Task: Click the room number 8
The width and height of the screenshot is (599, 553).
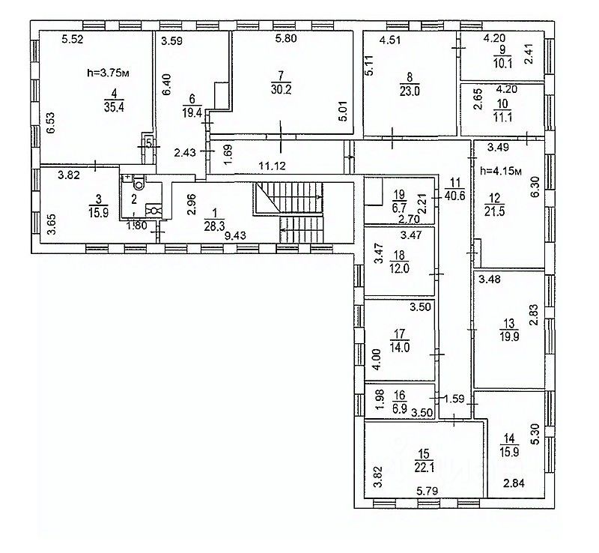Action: [409, 76]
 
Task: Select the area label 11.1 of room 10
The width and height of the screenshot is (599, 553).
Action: [502, 116]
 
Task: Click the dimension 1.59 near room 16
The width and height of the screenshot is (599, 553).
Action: [452, 399]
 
